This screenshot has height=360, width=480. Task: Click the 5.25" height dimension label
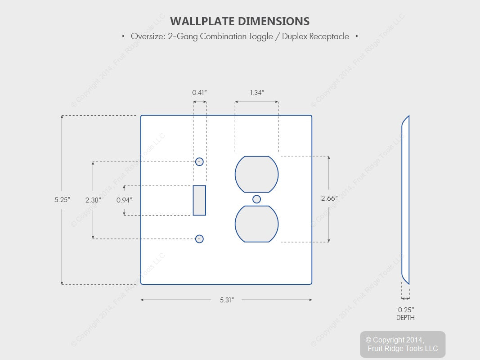pyautogui.click(x=63, y=200)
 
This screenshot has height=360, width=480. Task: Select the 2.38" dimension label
pyautogui.click(x=93, y=200)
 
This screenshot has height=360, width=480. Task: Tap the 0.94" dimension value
pyautogui.click(x=124, y=200)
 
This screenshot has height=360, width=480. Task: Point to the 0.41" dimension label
pyautogui.click(x=200, y=92)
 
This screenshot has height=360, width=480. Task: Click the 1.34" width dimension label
pyautogui.click(x=257, y=92)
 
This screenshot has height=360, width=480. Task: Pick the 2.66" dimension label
pyautogui.click(x=329, y=198)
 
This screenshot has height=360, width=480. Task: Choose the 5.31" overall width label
pyautogui.click(x=227, y=300)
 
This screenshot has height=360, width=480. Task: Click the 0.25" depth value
pyautogui.click(x=406, y=310)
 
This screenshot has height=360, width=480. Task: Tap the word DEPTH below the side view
pyautogui.click(x=405, y=318)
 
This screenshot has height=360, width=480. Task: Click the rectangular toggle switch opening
pyautogui.click(x=199, y=200)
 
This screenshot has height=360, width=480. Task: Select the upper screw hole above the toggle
pyautogui.click(x=199, y=162)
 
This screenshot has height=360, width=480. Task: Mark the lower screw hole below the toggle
pyautogui.click(x=199, y=239)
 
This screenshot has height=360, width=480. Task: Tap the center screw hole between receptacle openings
pyautogui.click(x=256, y=199)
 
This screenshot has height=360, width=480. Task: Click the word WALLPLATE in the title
pyautogui.click(x=202, y=22)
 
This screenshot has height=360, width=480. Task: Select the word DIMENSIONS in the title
pyautogui.click(x=274, y=22)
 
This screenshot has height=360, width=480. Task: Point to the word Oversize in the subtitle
pyautogui.click(x=148, y=36)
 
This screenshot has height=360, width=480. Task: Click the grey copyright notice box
pyautogui.click(x=403, y=344)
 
